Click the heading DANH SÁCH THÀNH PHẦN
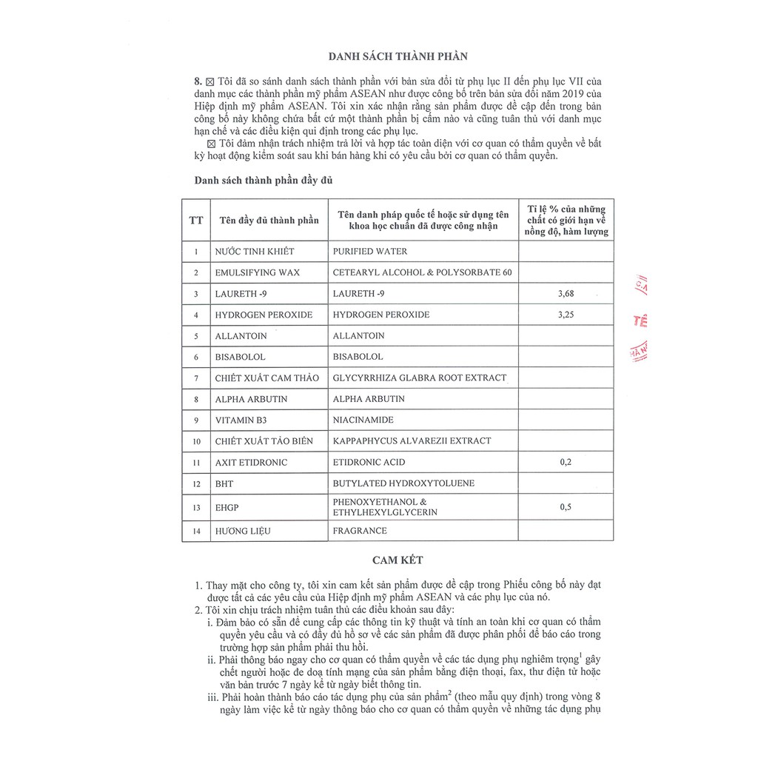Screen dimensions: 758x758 398,56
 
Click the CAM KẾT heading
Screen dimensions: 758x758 398,560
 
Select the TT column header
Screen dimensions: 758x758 196,220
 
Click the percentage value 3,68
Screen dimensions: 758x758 566,294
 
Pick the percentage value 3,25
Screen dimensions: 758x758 566,315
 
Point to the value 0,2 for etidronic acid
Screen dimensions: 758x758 566,462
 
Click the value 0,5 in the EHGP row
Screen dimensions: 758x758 566,507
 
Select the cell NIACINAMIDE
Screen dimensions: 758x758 363,420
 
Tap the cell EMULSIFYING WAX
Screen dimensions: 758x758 258,272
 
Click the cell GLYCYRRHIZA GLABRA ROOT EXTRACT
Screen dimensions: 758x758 420,378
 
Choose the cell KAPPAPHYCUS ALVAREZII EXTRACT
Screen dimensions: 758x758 412,440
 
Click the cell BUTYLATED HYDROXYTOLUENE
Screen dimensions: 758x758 403,483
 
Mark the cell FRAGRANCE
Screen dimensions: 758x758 360,531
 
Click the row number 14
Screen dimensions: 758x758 196,531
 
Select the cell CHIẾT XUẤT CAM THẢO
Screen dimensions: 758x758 267,378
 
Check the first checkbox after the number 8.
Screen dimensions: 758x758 209,81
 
